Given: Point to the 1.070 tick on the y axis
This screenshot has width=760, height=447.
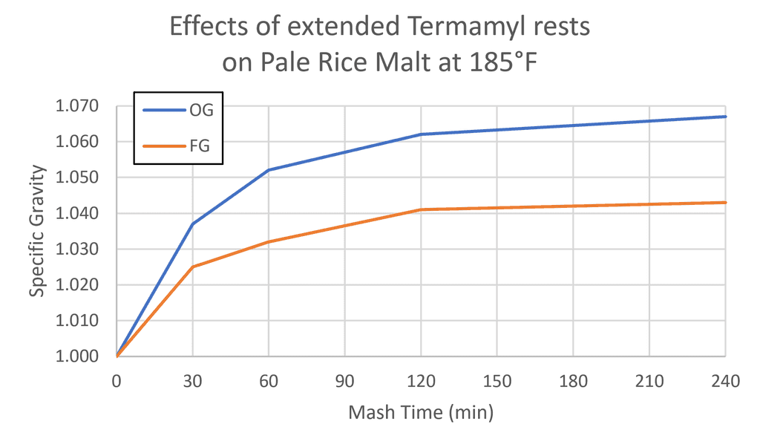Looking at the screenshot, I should click(77, 106).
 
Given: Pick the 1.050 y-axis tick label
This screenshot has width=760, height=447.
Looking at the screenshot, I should click(77, 177).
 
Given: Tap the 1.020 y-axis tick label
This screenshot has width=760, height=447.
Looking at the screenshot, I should click(77, 285).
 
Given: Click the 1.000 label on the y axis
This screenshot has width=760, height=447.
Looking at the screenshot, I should click(77, 356).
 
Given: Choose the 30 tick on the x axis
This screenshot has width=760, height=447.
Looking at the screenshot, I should click(192, 382).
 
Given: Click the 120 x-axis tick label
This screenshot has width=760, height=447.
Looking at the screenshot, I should click(421, 382).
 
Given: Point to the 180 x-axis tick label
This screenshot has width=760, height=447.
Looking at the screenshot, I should click(573, 382).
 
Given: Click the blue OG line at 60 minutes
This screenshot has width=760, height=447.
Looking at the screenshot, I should click(269, 170).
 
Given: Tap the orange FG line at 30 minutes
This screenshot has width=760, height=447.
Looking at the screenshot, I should click(193, 267).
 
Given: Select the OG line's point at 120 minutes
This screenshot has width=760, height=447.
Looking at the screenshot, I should click(421, 134).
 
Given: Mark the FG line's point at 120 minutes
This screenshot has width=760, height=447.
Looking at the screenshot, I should click(421, 209).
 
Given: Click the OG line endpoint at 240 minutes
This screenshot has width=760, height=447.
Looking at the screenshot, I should click(725, 117).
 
